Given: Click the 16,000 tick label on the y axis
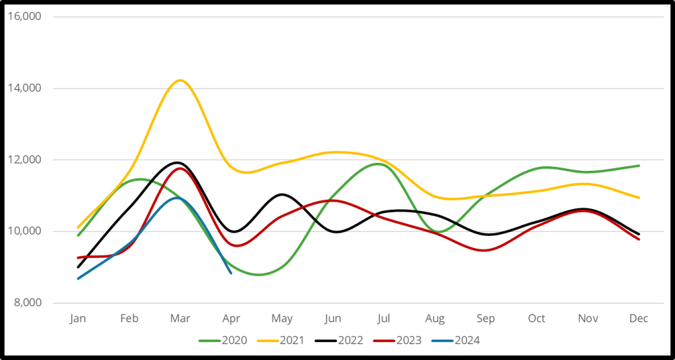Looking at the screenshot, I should pos(23,16).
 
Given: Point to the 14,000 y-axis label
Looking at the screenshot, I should pos(23,88).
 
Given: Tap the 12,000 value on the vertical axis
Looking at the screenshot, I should pos(23,160).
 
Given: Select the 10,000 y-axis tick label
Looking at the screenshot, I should pos(23,231).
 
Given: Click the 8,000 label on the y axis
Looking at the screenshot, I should pos(26,303).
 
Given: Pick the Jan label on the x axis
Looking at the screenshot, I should pos(78,318).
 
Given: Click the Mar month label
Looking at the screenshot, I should pos(180,318).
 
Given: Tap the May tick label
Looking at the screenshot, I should pos(282,318).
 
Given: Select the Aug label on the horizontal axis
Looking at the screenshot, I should pos(435,318).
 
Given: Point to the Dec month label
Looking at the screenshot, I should pos(639,318).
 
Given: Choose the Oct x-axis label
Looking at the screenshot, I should pos(536,318).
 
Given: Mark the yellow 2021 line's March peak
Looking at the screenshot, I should pos(179,80).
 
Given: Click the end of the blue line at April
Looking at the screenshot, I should pos(231,273).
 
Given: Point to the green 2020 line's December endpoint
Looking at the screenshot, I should pos(639,165).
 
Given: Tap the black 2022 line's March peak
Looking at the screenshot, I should pos(177,162).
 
